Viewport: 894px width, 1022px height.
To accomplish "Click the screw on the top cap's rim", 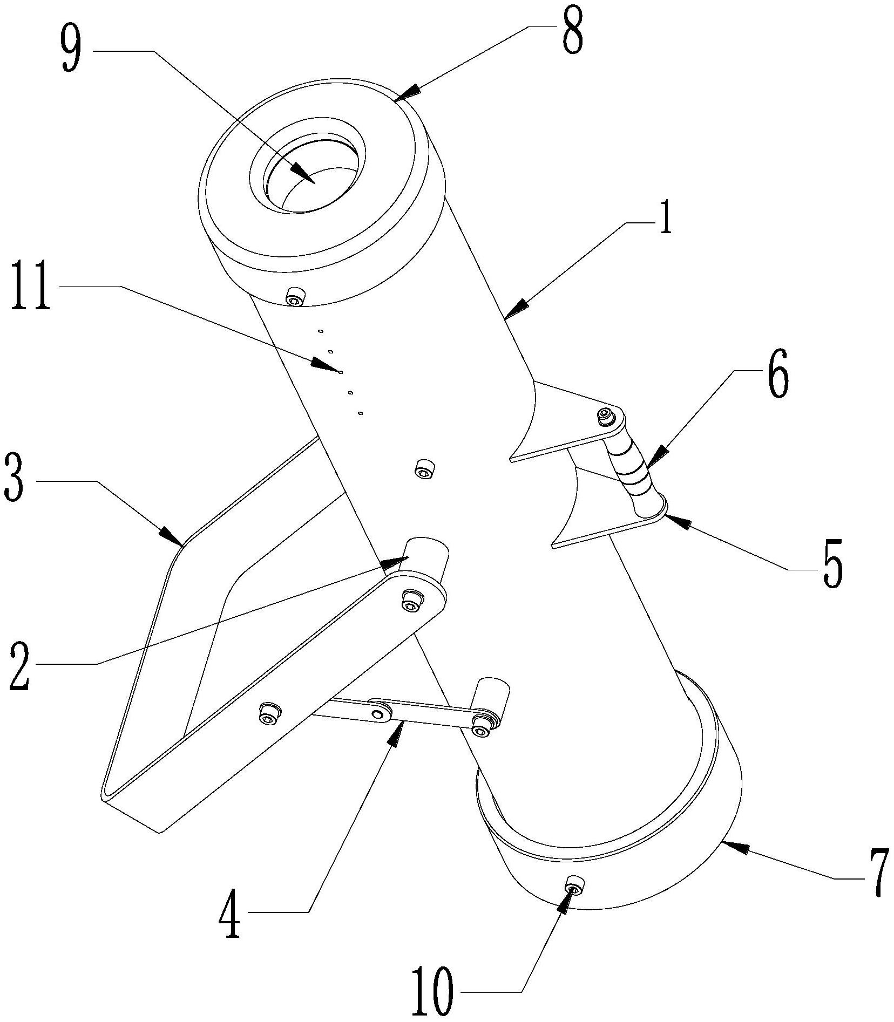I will pyautogui.click(x=295, y=295).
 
